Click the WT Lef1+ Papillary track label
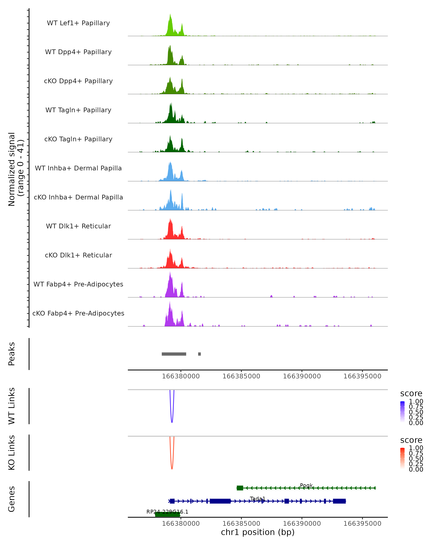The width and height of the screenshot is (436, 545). tap(78, 23)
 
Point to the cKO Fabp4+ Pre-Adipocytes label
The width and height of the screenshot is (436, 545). tap(78, 313)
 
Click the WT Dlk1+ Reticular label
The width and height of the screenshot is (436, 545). tap(78, 226)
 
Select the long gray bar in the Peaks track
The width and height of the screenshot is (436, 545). tap(174, 354)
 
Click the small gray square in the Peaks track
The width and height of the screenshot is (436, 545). tap(199, 354)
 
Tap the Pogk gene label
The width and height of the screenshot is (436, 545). tap(306, 485)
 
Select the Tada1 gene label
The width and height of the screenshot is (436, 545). tap(258, 498)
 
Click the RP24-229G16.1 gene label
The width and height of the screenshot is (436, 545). tap(167, 512)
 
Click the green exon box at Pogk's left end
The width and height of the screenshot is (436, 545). tap(240, 488)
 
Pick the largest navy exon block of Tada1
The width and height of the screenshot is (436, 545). tap(220, 501)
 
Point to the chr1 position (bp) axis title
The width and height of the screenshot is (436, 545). tap(258, 532)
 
